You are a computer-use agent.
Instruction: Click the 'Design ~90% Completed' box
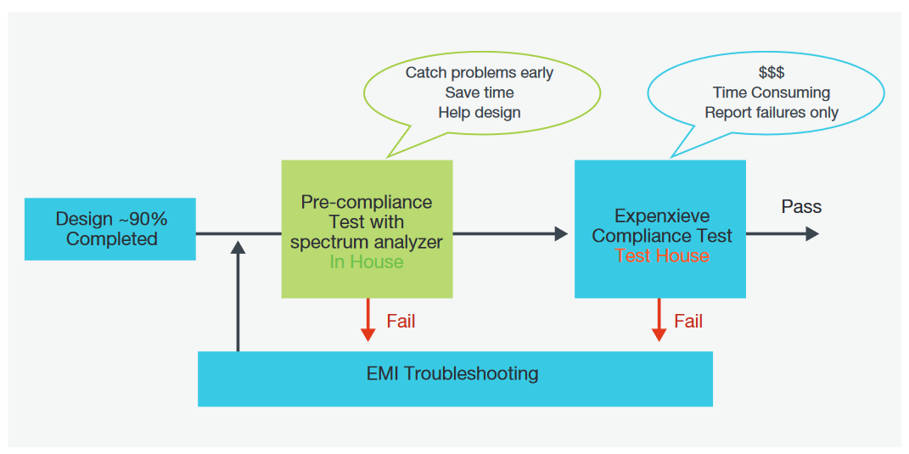[x=110, y=229]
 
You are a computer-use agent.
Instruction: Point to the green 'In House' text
[x=367, y=262]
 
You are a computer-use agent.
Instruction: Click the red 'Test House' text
[x=661, y=255]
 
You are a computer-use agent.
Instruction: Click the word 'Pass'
[x=801, y=207]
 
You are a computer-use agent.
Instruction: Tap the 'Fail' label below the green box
[x=401, y=322]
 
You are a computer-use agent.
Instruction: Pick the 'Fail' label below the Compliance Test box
[x=688, y=322]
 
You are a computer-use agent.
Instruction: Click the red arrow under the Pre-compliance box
[x=368, y=321]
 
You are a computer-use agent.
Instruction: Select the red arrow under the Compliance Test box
[x=659, y=321]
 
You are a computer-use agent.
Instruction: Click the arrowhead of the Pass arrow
[x=812, y=233]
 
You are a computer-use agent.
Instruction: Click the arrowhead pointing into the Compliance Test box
[x=561, y=233]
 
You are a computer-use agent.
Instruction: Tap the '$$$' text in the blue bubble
[x=771, y=73]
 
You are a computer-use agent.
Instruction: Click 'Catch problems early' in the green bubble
[x=479, y=73]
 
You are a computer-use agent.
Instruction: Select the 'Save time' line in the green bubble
[x=479, y=92]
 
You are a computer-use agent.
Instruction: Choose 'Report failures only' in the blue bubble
[x=771, y=113]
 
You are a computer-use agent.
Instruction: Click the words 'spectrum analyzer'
[x=367, y=243]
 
